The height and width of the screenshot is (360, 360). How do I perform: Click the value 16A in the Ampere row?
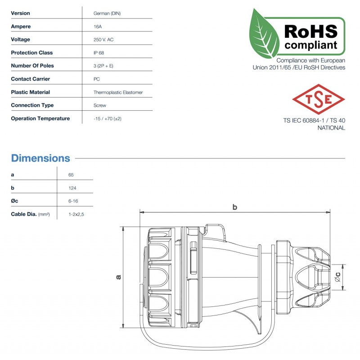click(97, 27)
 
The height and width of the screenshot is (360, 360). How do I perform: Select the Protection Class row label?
click(32, 53)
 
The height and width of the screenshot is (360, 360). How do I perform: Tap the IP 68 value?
click(99, 53)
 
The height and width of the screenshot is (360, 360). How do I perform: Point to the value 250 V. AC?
click(103, 40)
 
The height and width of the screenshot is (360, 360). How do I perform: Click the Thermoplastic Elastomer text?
click(118, 92)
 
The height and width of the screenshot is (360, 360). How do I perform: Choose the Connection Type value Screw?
click(100, 105)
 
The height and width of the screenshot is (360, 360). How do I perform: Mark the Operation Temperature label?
click(40, 118)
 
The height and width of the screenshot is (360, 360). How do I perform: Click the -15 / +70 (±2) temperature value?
click(108, 118)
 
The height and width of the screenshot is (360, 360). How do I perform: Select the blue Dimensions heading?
click(40, 158)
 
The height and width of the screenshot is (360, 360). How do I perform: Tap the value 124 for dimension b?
click(72, 188)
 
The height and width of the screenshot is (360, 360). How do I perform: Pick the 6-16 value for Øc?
click(74, 201)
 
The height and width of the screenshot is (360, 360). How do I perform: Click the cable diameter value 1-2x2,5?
click(76, 214)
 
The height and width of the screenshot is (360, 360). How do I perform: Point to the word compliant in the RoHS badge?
click(310, 45)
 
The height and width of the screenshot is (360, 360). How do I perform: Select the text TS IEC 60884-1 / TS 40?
click(314, 121)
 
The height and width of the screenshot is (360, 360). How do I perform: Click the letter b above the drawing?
click(234, 207)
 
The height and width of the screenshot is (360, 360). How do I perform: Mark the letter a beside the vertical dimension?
click(119, 277)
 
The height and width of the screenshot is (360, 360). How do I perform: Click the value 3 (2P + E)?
click(103, 66)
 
